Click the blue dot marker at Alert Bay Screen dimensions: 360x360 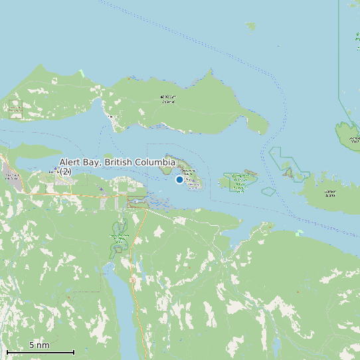(x=179, y=179)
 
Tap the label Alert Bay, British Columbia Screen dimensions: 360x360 (x=117, y=162)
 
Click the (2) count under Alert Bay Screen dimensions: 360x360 (x=66, y=172)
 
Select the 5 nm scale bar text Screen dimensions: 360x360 (x=39, y=345)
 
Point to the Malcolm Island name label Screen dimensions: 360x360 (x=169, y=99)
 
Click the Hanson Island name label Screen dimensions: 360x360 (x=330, y=193)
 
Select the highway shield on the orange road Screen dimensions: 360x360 (x=132, y=280)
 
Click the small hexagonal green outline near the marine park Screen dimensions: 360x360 (x=268, y=191)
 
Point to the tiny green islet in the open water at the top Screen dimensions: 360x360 (x=250, y=26)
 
